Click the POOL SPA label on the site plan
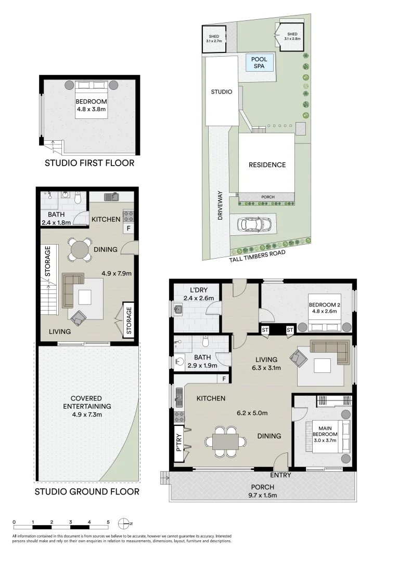click(x=259, y=63)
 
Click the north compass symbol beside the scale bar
click(x=124, y=523)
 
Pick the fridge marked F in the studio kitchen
click(x=128, y=228)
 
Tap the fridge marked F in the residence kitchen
click(x=224, y=379)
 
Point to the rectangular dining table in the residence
click(x=225, y=442)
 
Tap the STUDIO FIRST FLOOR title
click(x=89, y=163)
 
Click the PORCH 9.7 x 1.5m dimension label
click(x=262, y=491)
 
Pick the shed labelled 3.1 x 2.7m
click(x=213, y=39)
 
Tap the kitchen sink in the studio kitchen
click(x=111, y=197)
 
